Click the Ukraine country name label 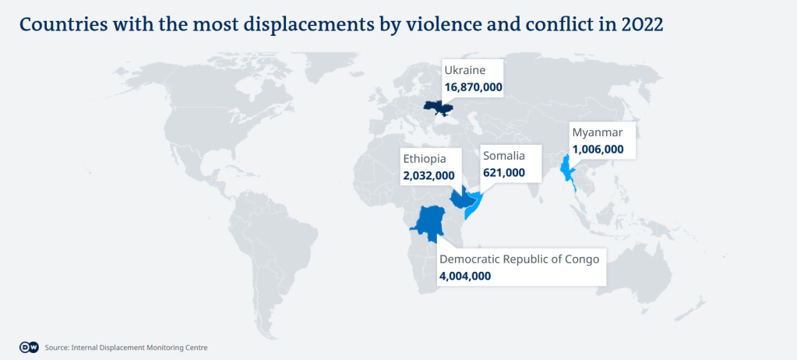click(x=464, y=71)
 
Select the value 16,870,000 click(x=473, y=87)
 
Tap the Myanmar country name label click(x=598, y=132)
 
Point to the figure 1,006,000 click(x=598, y=149)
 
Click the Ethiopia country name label click(x=425, y=159)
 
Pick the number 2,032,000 click(x=428, y=176)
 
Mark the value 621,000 click(x=504, y=172)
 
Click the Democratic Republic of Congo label click(x=520, y=259)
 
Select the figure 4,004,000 click(x=465, y=275)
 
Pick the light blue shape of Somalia click(x=478, y=206)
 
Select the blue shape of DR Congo click(x=428, y=222)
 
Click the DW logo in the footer click(x=28, y=347)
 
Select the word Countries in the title click(x=63, y=24)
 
